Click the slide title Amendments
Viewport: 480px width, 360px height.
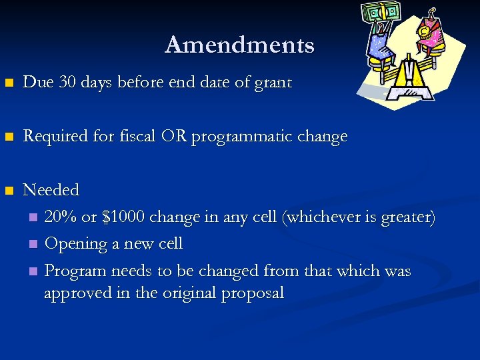click(239, 45)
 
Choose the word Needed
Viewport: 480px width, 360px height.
click(51, 190)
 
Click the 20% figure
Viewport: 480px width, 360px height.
click(61, 217)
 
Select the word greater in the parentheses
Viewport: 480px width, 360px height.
click(405, 217)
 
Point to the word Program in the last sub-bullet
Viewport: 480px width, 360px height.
click(75, 271)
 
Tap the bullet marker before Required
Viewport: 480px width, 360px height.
click(9, 137)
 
